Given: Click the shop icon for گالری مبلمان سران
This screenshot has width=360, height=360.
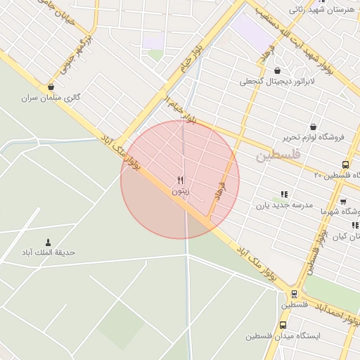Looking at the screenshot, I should pyautogui.click(x=51, y=88).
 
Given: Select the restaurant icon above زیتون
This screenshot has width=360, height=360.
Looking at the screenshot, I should pyautogui.click(x=180, y=180).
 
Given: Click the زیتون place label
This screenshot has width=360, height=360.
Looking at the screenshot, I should pyautogui.click(x=180, y=191).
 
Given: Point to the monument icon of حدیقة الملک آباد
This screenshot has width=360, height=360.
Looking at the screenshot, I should pyautogui.click(x=48, y=242).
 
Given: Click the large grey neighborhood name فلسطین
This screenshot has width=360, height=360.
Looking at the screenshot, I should pyautogui.click(x=278, y=154).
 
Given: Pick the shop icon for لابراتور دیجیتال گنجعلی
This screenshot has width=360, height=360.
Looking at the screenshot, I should pyautogui.click(x=277, y=71).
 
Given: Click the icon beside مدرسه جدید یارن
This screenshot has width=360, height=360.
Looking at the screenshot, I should pyautogui.click(x=284, y=194).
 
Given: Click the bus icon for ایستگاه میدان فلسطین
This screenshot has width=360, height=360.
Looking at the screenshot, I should pyautogui.click(x=283, y=326).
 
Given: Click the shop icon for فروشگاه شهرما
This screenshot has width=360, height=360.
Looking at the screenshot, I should pyautogui.click(x=342, y=201).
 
